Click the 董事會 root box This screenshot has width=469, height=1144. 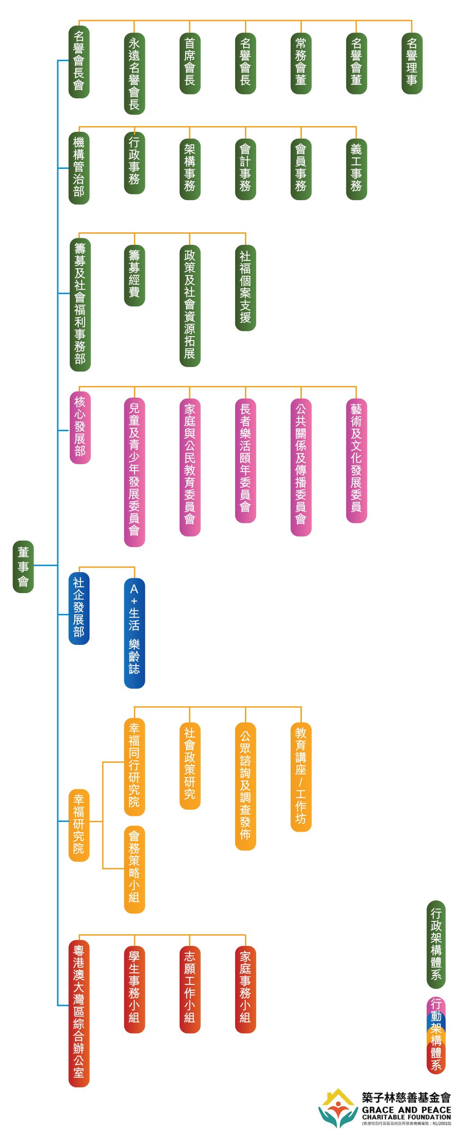[x=23, y=566]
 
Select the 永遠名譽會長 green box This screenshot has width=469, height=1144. [x=134, y=74]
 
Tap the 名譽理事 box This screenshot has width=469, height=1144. [x=412, y=63]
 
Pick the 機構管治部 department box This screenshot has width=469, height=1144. [x=79, y=168]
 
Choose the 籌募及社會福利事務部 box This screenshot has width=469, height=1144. [x=80, y=304]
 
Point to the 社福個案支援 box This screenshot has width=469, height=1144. [x=245, y=287]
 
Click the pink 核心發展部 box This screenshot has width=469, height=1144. [x=80, y=427]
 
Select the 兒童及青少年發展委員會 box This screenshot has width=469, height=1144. [x=134, y=471]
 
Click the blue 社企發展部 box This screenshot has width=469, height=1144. [x=79, y=608]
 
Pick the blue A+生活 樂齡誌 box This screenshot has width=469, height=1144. [x=134, y=632]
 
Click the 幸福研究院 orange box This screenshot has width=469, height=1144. [x=79, y=825]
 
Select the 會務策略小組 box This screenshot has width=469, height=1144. [x=134, y=869]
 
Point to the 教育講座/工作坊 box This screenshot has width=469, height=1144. [x=301, y=775]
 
